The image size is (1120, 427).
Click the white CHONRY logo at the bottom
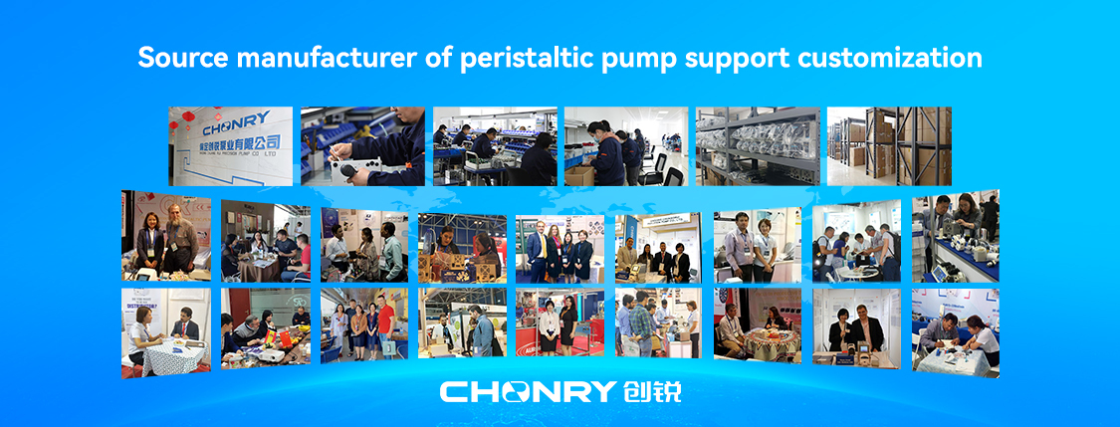pyautogui.click(x=528, y=390)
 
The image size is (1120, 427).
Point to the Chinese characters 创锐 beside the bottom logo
pyautogui.click(x=651, y=390)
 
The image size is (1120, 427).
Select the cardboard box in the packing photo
pyautogui.click(x=580, y=175)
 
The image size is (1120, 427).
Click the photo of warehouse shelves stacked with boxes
pyautogui.click(x=889, y=146)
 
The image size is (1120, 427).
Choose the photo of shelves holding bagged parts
pyautogui.click(x=757, y=146)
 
